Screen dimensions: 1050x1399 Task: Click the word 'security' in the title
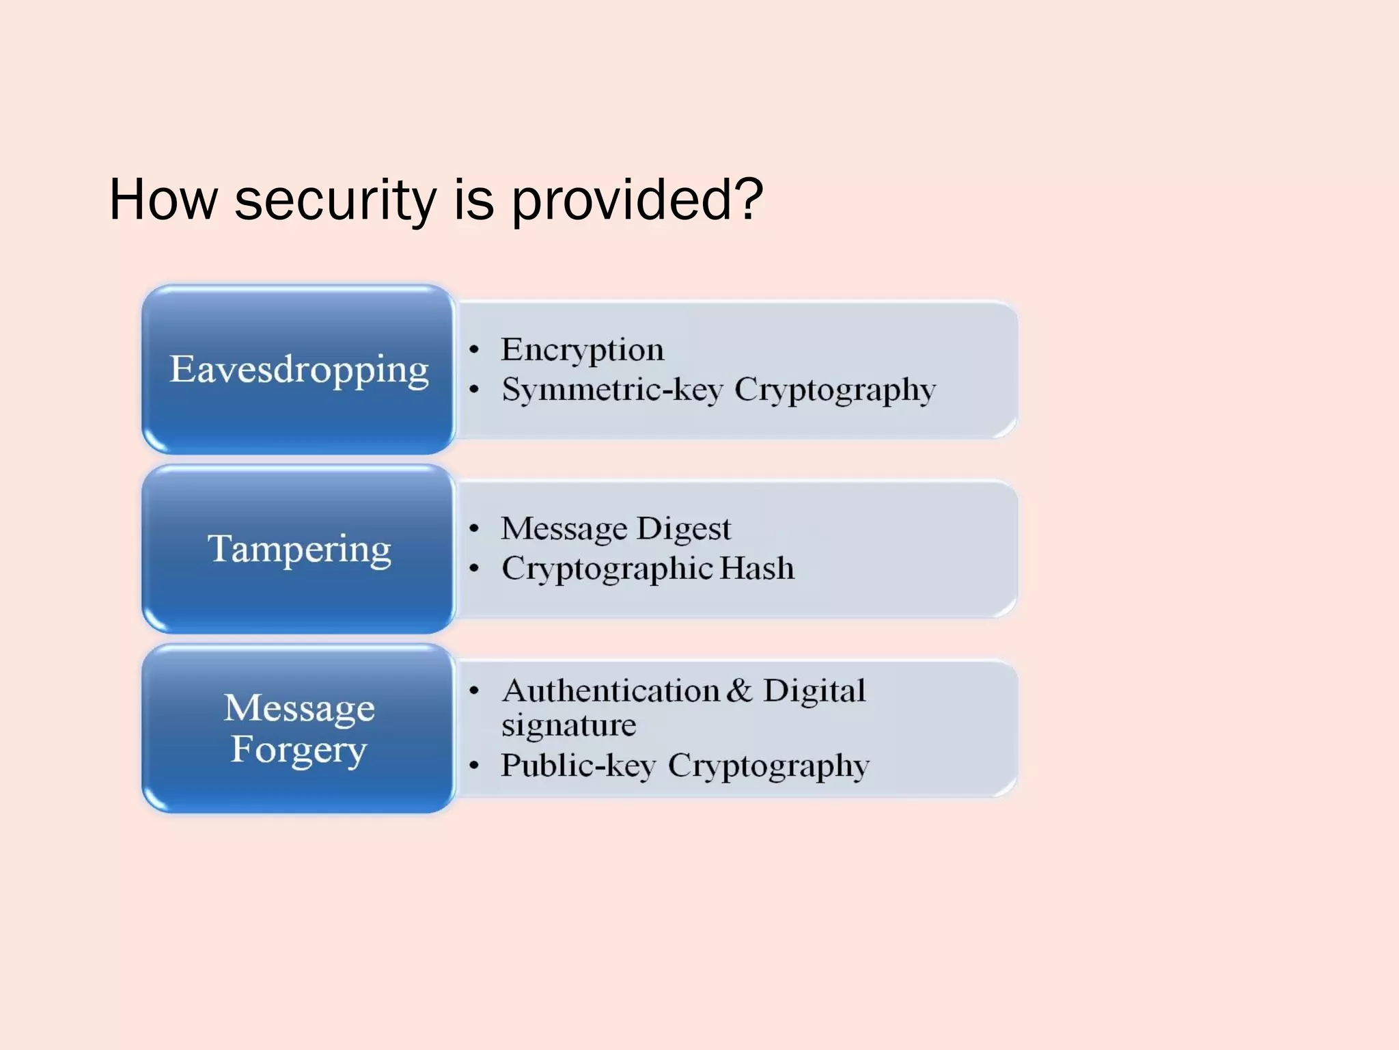pos(335,200)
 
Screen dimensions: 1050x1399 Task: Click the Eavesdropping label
pos(299,370)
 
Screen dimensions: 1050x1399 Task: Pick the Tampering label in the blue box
pos(299,549)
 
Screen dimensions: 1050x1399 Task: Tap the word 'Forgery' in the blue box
pos(299,750)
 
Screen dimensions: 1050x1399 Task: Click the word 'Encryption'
pos(582,350)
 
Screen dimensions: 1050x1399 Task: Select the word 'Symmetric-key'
pos(612,390)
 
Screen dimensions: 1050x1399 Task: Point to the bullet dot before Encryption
pos(474,350)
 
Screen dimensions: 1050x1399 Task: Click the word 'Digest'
pos(684,529)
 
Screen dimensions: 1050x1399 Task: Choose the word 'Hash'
pos(757,568)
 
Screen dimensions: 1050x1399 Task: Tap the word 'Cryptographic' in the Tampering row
pos(608,569)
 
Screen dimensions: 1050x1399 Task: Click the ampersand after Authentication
pos(739,690)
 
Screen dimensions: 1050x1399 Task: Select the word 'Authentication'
pos(611,690)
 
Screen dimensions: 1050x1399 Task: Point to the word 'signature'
pos(568,725)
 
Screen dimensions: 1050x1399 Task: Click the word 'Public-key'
pos(578,766)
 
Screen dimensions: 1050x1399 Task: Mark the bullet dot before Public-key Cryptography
pos(474,766)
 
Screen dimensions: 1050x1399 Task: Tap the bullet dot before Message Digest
pos(474,528)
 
